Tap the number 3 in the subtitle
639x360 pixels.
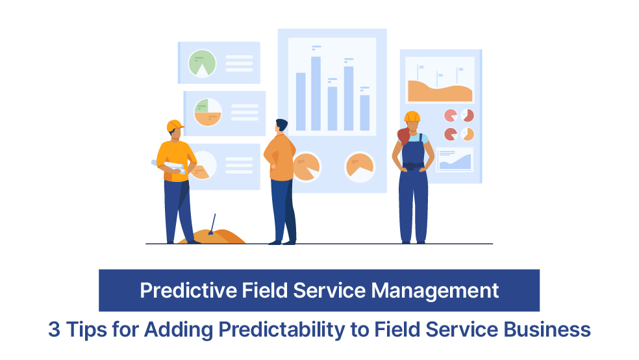point(54,329)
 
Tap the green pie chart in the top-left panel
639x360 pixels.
point(202,63)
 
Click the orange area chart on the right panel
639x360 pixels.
point(439,92)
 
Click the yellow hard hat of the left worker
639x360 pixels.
point(174,125)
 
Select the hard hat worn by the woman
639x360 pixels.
point(412,116)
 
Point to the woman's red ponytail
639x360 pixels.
point(403,136)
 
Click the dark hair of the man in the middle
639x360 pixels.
point(281,124)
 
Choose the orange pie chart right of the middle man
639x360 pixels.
point(360,166)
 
